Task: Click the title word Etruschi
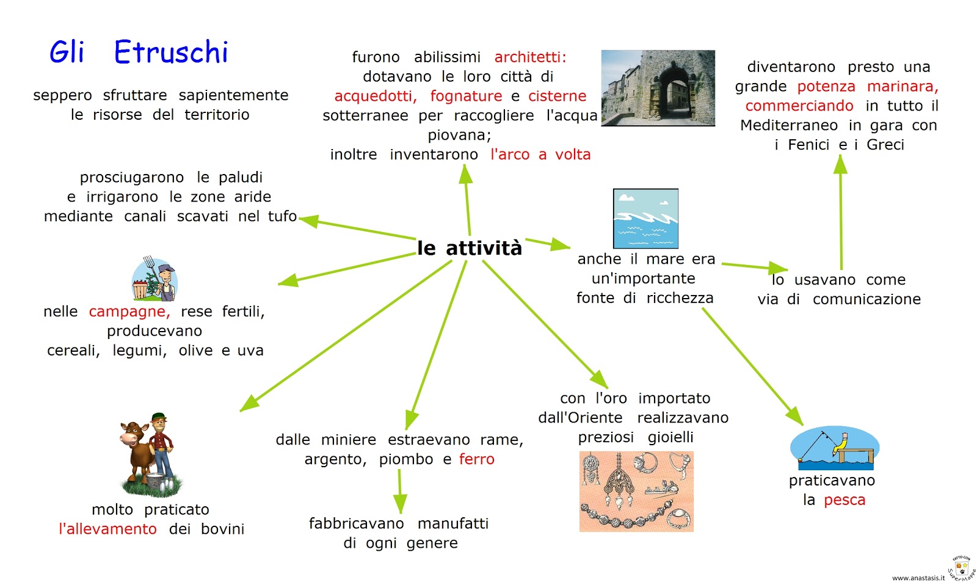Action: [x=170, y=53]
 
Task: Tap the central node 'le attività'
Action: [x=470, y=249]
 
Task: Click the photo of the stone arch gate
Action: [x=658, y=88]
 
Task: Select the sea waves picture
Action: [x=645, y=218]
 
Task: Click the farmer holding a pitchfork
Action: [x=156, y=279]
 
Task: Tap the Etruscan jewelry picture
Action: [x=636, y=492]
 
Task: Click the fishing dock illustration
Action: [x=834, y=447]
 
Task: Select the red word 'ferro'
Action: [x=476, y=459]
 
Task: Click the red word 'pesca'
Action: [x=844, y=500]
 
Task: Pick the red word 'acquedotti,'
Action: [x=376, y=96]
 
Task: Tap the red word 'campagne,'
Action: [x=129, y=312]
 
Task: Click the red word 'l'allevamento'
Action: [x=107, y=529]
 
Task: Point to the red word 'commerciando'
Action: [x=799, y=106]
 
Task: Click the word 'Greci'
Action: [x=885, y=145]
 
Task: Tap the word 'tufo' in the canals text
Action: [x=282, y=216]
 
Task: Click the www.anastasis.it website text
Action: [x=918, y=578]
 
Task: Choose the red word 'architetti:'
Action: [x=530, y=57]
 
